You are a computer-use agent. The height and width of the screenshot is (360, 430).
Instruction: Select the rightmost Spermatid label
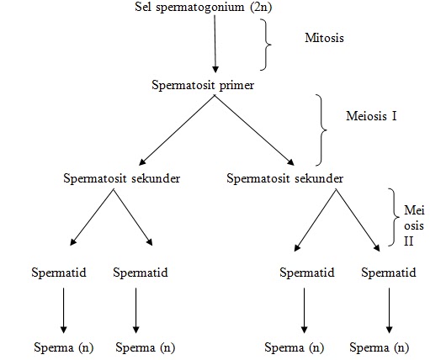pyautogui.click(x=388, y=273)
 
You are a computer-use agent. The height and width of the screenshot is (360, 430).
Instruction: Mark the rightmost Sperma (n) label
pyautogui.click(x=380, y=347)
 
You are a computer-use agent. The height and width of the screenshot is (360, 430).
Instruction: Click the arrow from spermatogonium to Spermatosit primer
pyautogui.click(x=215, y=46)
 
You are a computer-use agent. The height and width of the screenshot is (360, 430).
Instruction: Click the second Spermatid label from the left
pyautogui.click(x=141, y=273)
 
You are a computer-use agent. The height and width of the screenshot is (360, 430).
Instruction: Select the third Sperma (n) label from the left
pyautogui.click(x=295, y=347)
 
